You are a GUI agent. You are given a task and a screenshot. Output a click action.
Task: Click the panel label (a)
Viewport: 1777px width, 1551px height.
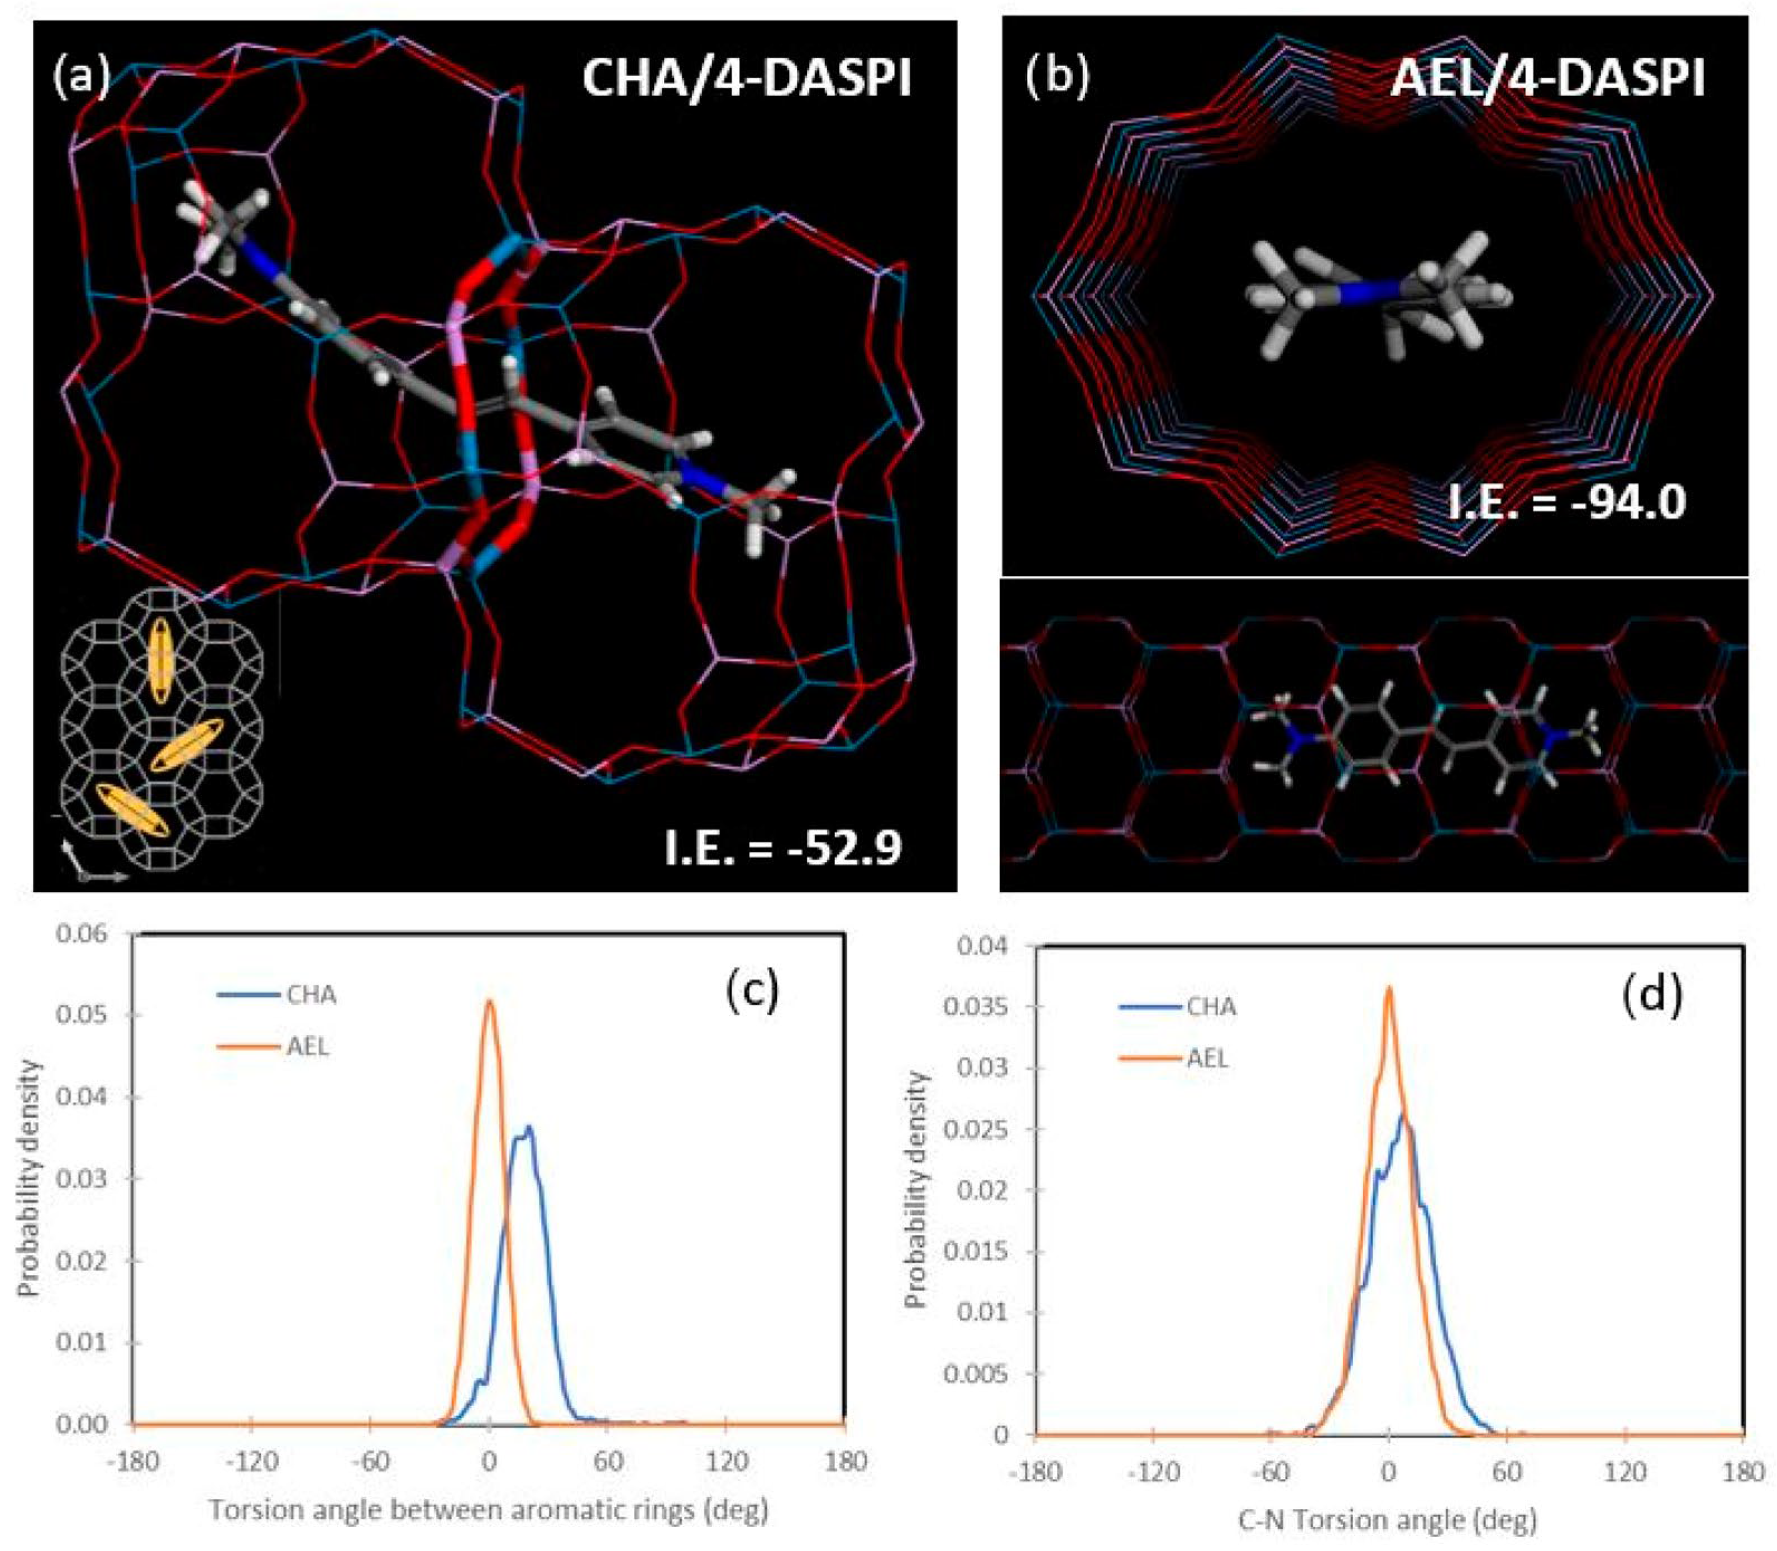pos(82,77)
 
